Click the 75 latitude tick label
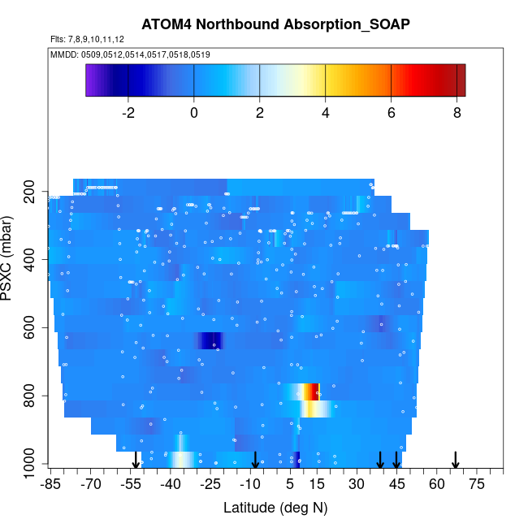pyautogui.click(x=477, y=485)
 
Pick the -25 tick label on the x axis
pyautogui.click(x=210, y=485)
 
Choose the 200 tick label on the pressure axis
pyautogui.click(x=32, y=192)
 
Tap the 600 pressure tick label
pyautogui.click(x=32, y=328)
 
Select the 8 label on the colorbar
pyautogui.click(x=457, y=113)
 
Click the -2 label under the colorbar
pyautogui.click(x=128, y=113)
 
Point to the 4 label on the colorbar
pyautogui.click(x=326, y=113)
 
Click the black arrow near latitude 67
pyautogui.click(x=456, y=460)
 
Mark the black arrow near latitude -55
pyautogui.click(x=136, y=460)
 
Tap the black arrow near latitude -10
pyautogui.click(x=255, y=460)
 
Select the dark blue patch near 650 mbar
pyautogui.click(x=210, y=340)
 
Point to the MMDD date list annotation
pyautogui.click(x=130, y=54)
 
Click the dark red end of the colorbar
pyautogui.click(x=459, y=80)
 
